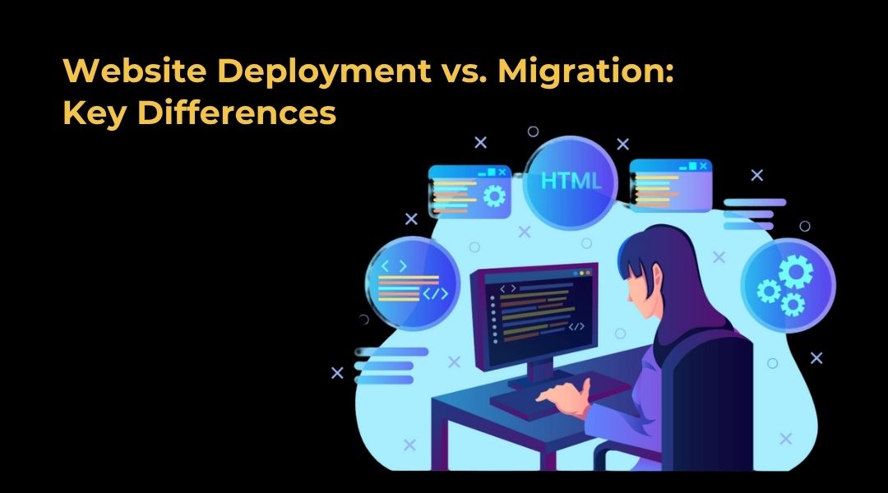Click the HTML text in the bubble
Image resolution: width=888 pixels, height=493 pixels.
(x=571, y=181)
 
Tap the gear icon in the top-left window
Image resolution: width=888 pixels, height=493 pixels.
(x=494, y=196)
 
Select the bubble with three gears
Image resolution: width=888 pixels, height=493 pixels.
(x=789, y=284)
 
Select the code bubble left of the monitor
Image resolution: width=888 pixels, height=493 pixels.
(x=412, y=283)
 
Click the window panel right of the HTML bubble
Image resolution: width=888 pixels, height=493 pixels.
(x=671, y=185)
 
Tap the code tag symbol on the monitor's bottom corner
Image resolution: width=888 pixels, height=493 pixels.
(x=576, y=326)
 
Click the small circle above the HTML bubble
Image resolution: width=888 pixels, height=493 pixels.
(x=533, y=132)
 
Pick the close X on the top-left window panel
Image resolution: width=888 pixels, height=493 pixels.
(x=502, y=172)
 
